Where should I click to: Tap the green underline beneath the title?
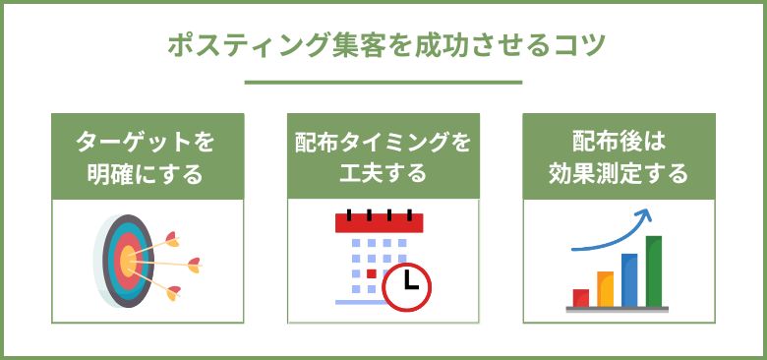383,82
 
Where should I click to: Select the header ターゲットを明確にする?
147,157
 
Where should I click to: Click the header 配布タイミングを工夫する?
383,157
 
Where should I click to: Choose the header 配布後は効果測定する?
619,157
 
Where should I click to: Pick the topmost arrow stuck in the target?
171,236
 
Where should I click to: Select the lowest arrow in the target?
172,290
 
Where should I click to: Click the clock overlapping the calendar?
408,286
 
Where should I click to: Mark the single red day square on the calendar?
371,272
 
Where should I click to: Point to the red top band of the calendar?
379,224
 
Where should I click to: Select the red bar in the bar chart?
581,297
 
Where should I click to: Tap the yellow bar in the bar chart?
605,288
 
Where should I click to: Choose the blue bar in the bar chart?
629,279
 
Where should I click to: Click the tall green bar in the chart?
654,270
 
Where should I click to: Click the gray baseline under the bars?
618,309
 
